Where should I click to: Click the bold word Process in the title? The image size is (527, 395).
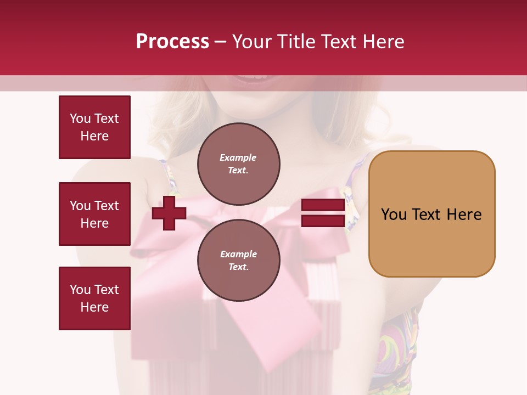coord(172,42)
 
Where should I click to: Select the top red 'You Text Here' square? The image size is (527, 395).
coord(94,127)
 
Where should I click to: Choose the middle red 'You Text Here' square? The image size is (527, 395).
coord(94,214)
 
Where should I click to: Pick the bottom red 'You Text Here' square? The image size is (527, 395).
coord(94,298)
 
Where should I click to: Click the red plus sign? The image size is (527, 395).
coord(169,213)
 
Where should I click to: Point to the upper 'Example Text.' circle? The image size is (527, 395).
coord(238,163)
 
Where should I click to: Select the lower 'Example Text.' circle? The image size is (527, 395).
coord(238,260)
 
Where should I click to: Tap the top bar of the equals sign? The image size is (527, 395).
coord(323,206)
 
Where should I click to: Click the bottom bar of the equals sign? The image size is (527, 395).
coord(323,221)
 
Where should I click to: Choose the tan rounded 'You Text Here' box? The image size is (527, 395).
coord(431,213)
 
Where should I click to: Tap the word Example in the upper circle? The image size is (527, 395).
coord(238,157)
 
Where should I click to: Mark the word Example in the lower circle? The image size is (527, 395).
coord(238,254)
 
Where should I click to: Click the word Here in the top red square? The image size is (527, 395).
coord(94,136)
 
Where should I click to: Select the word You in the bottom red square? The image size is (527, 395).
coord(80,290)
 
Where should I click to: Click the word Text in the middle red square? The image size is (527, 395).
coord(106,206)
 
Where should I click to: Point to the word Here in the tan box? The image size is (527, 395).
coord(464,214)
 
